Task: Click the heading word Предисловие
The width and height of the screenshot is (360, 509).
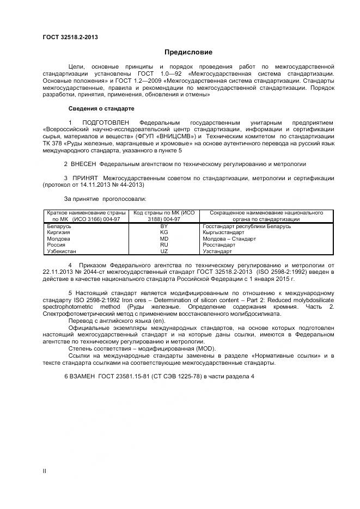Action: [188, 53]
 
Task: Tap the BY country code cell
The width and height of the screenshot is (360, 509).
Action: [163, 225]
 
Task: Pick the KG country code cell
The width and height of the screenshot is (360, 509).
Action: [163, 232]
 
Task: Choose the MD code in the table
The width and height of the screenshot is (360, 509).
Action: [163, 238]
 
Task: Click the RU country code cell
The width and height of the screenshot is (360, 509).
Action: [163, 245]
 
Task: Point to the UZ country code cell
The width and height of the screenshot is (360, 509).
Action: [163, 252]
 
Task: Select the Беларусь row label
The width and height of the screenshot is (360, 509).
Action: [59, 225]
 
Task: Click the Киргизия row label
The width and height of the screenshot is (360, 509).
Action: [59, 232]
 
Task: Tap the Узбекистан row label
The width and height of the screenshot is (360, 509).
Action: [62, 252]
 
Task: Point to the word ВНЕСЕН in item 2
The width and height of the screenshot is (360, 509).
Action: [84, 163]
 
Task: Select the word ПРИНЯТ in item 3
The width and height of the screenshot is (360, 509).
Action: [84, 177]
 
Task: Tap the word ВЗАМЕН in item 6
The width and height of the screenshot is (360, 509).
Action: [83, 377]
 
